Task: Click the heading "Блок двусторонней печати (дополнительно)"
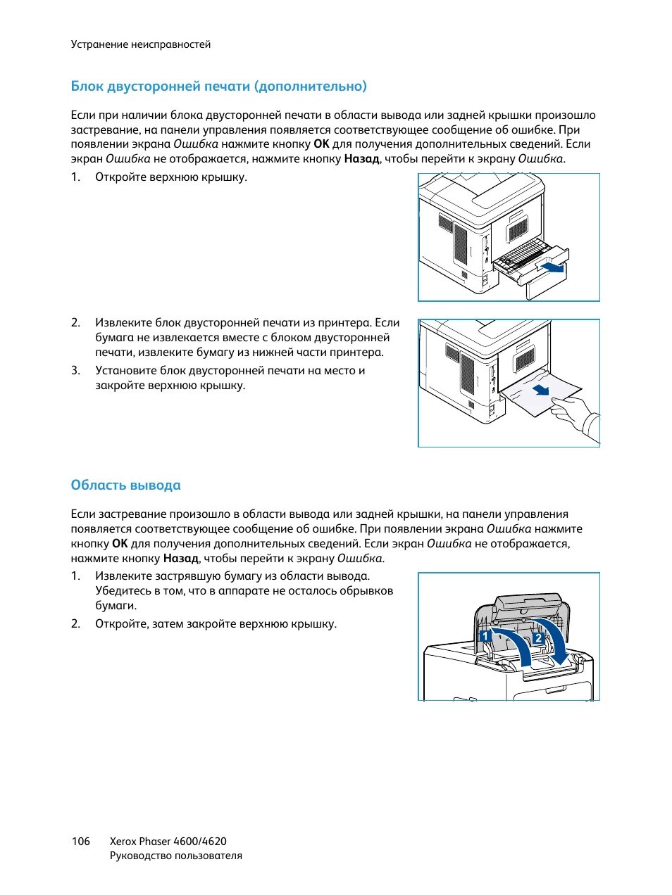point(218,87)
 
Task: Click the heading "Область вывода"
point(125,485)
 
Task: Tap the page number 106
point(80,841)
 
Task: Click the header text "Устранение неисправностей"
point(140,44)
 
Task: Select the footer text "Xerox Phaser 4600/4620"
point(168,841)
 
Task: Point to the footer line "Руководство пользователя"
point(175,856)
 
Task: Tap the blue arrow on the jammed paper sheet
point(540,389)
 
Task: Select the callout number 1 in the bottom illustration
point(485,636)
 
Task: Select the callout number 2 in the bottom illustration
point(537,638)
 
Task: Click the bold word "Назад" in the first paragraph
point(361,159)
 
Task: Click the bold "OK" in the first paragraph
point(321,144)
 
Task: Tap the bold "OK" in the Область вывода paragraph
point(120,544)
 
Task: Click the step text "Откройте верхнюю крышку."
point(171,177)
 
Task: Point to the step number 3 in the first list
point(75,371)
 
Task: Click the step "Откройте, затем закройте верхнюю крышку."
point(216,624)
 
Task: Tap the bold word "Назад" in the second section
point(181,559)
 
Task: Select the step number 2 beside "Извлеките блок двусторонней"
point(75,323)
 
